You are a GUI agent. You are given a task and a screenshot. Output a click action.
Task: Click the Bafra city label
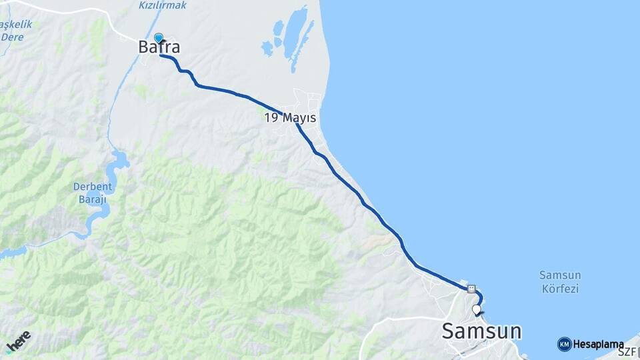(159, 47)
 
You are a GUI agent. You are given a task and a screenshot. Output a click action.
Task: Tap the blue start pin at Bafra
(159, 39)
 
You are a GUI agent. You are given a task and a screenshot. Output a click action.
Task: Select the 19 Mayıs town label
(290, 118)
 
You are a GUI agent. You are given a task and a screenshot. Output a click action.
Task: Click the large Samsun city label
(482, 331)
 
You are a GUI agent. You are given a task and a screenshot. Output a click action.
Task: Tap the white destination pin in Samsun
(476, 310)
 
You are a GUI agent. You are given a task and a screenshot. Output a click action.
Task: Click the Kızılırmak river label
(163, 5)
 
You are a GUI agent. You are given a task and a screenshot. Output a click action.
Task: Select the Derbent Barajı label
(93, 193)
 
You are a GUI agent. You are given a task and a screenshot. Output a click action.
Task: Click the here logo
(18, 341)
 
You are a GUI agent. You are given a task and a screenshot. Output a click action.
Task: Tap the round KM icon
(564, 344)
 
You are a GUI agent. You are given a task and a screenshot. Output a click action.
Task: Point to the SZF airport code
(627, 351)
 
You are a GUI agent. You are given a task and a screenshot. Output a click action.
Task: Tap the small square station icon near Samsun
(472, 289)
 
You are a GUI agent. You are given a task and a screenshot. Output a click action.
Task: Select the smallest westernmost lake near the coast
(267, 49)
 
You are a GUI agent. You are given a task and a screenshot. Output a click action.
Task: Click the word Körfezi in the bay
(560, 289)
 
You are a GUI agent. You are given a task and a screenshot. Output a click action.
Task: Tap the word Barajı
(93, 199)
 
